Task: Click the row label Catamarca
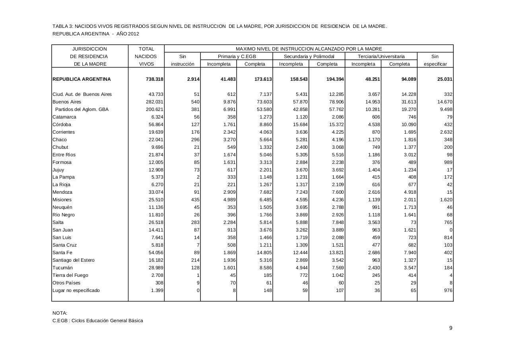point(64,117)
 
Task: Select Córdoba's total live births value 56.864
point(155,125)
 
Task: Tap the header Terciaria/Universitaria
point(381,56)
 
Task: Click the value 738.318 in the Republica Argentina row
point(155,79)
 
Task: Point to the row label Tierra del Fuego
point(70,275)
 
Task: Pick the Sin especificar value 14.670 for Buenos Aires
point(444,102)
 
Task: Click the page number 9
point(451,328)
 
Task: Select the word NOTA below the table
point(60,313)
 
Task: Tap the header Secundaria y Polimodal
point(309,56)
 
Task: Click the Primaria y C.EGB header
point(237,56)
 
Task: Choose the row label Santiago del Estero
point(74,260)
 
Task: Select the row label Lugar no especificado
point(76,290)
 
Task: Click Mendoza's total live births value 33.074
point(155,192)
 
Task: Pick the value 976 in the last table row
point(447,290)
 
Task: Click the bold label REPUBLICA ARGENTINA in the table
point(82,79)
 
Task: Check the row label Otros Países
point(66,283)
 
